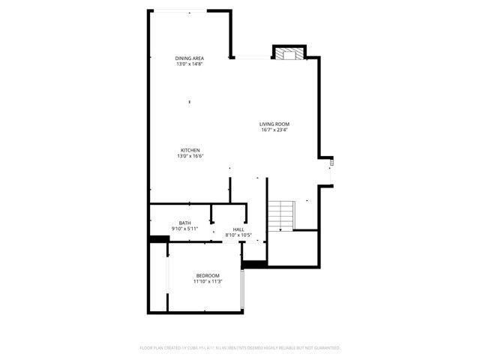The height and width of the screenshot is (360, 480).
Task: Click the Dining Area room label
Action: click(190, 58)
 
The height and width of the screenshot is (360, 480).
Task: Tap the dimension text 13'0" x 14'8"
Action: click(190, 64)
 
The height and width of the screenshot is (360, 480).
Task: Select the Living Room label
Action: click(274, 124)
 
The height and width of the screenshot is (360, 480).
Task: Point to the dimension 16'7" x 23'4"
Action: click(274, 130)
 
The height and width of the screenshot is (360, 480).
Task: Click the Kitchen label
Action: click(190, 149)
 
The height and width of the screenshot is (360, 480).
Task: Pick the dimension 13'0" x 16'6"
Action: click(190, 156)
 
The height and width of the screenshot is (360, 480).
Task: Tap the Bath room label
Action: click(184, 222)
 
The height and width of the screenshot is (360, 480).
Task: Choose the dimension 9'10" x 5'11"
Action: click(184, 228)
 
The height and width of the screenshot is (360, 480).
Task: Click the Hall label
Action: click(238, 229)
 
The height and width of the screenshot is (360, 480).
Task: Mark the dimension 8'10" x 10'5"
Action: click(238, 235)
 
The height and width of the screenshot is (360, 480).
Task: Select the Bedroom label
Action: click(208, 275)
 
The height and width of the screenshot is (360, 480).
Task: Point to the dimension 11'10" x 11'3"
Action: click(207, 282)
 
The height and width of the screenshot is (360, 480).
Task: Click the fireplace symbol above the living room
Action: click(288, 53)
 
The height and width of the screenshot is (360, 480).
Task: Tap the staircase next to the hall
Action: click(281, 216)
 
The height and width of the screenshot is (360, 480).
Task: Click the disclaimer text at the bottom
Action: click(240, 348)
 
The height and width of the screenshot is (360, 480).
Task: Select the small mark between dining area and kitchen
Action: click(190, 102)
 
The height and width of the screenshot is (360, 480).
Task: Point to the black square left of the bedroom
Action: click(158, 238)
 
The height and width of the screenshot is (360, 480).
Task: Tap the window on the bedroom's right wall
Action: click(243, 289)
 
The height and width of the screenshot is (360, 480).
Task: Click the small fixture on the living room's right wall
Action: click(331, 160)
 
